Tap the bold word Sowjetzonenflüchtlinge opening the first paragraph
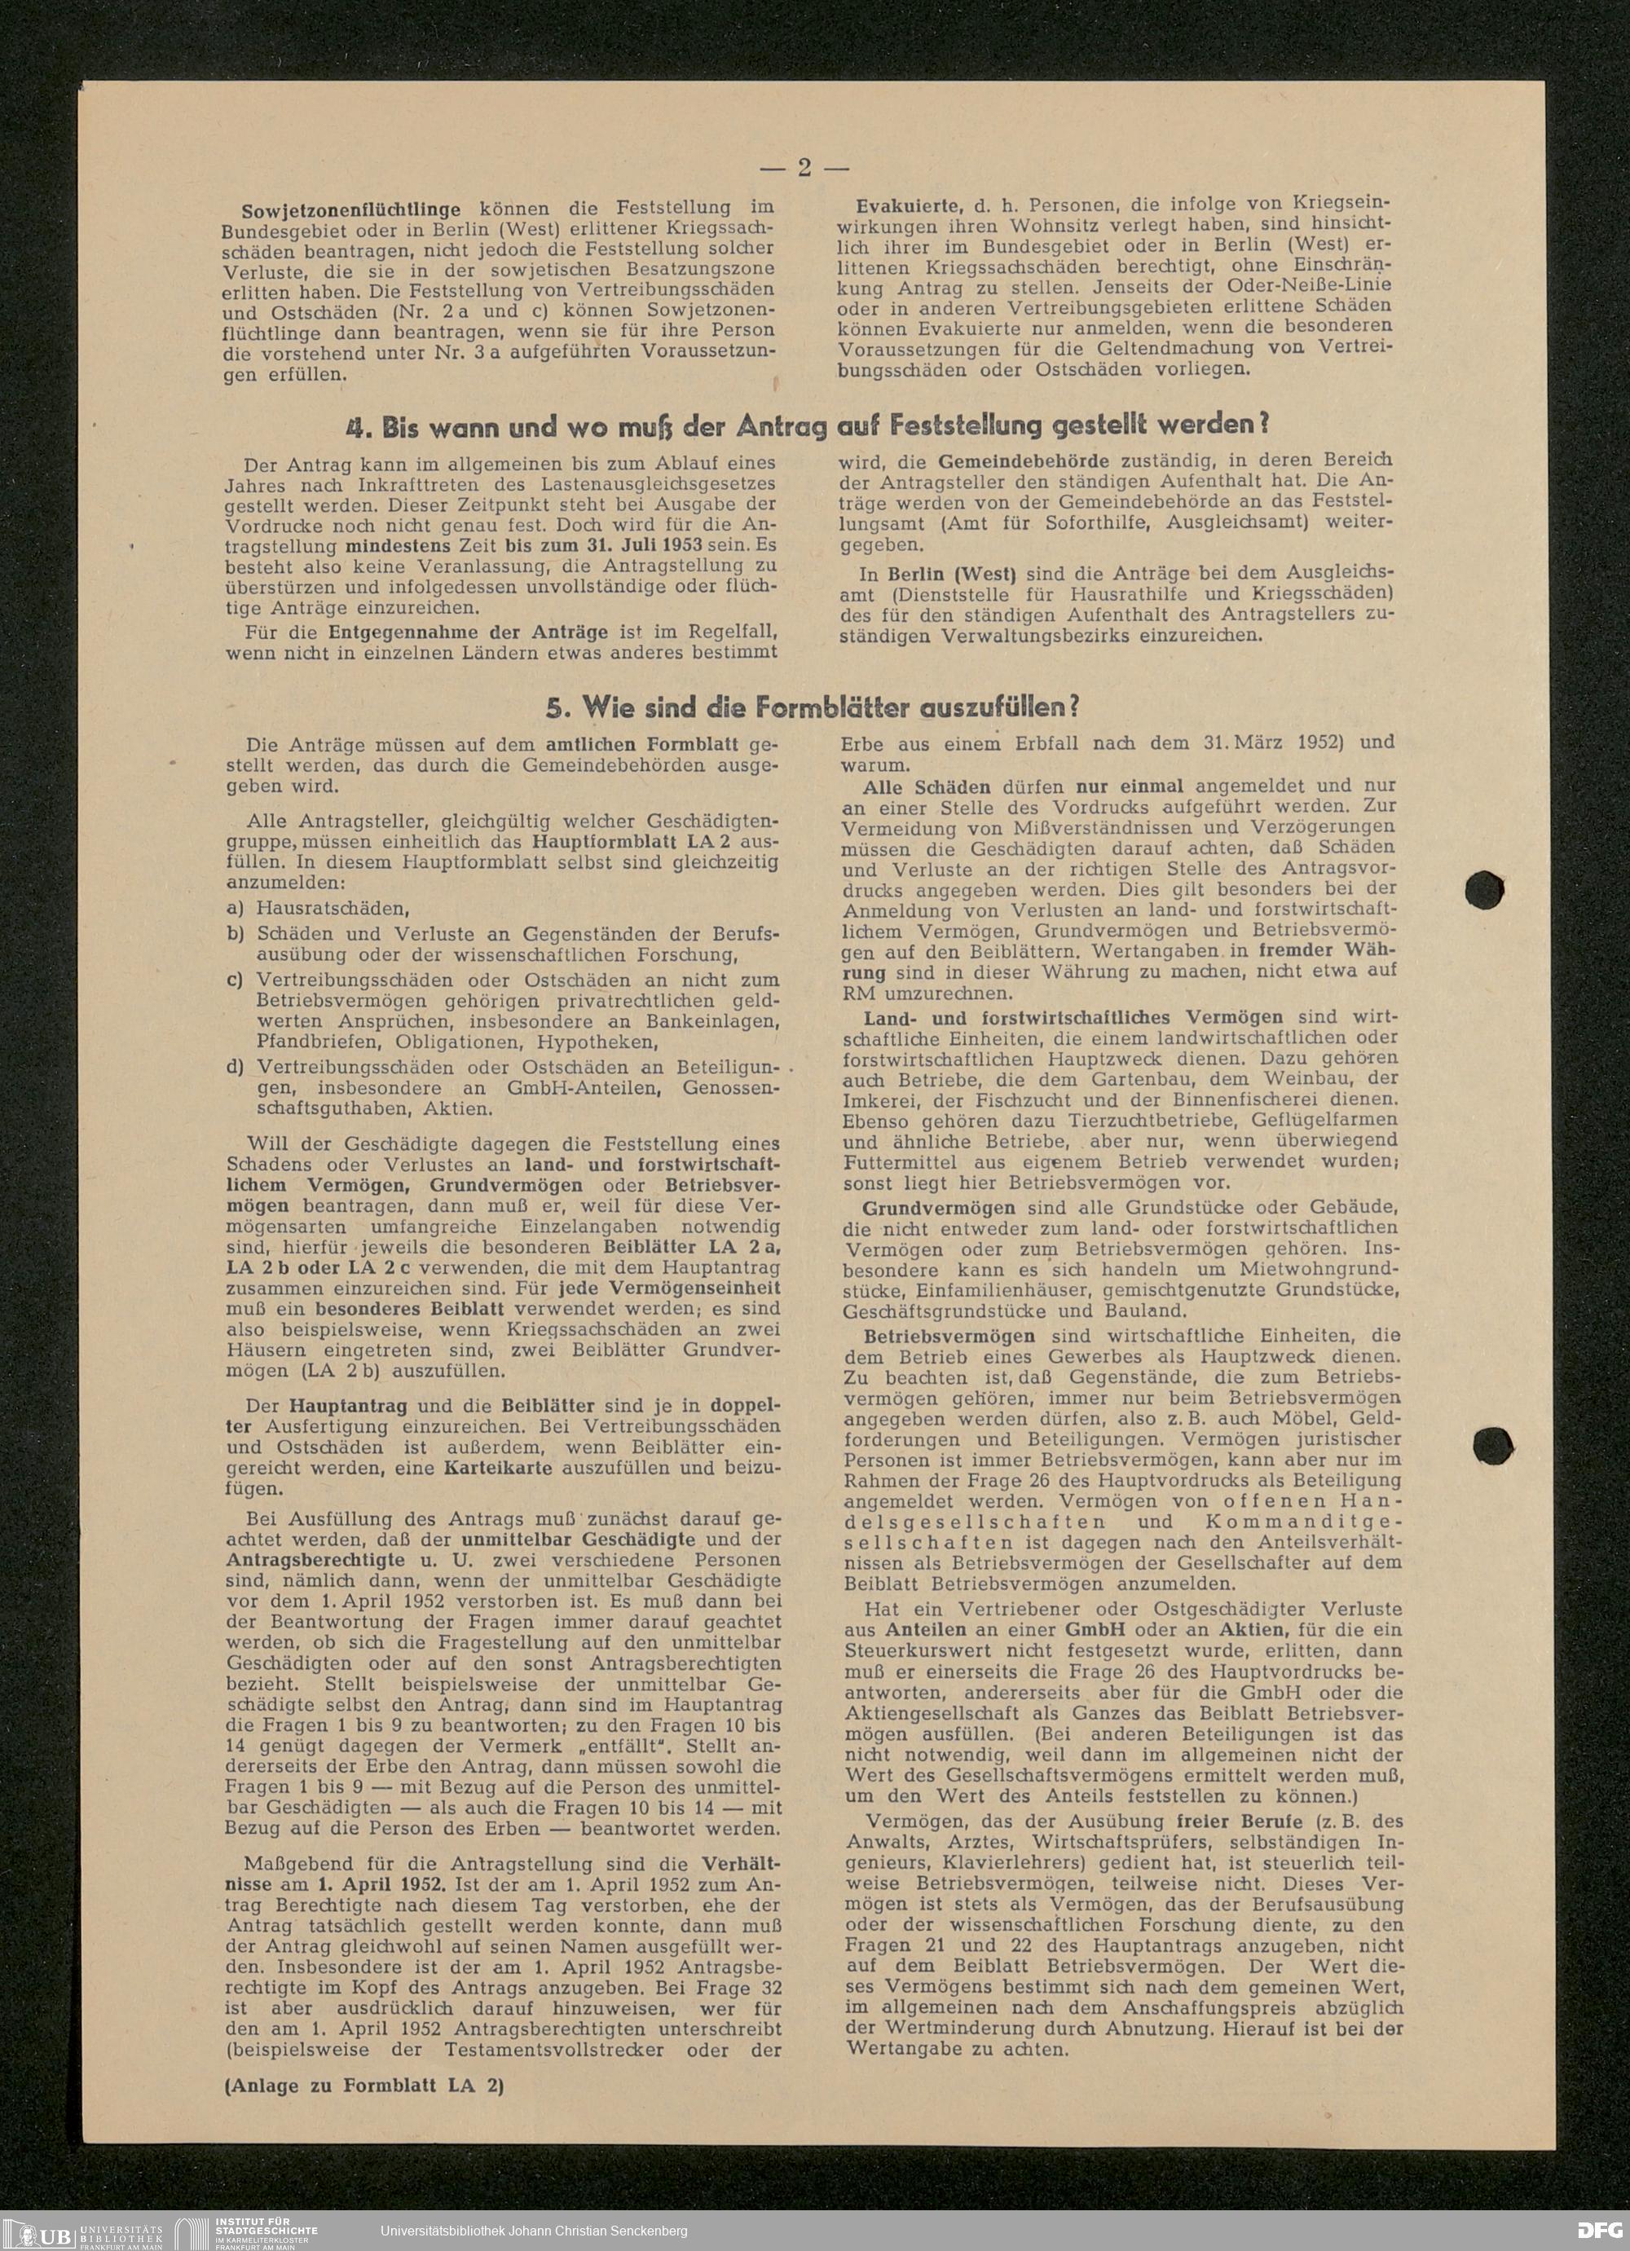pyautogui.click(x=350, y=210)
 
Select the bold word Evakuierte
pyautogui.click(x=907, y=205)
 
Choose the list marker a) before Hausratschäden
pyautogui.click(x=236, y=908)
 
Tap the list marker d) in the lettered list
pyautogui.click(x=236, y=1068)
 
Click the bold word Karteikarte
pyautogui.click(x=498, y=1468)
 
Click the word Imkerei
pyautogui.click(x=880, y=1099)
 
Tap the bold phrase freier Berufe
pyautogui.click(x=1239, y=1822)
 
